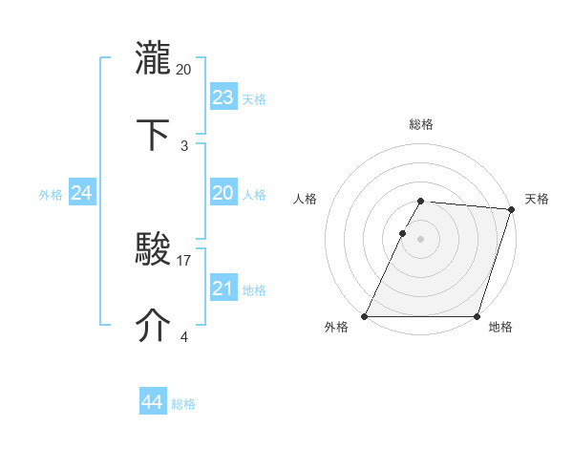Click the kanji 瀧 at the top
coord(153,56)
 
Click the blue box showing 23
coord(223,96)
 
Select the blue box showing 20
coord(223,193)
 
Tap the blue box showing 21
coord(223,289)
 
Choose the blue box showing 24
coord(82,193)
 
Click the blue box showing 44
coord(152,402)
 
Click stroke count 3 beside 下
coord(184,145)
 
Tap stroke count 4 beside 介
coord(184,336)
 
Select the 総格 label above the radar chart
coord(421,124)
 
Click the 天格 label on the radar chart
coord(537,199)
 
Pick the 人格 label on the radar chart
coord(306,199)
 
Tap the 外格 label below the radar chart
coord(336,328)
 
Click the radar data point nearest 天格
coord(512,210)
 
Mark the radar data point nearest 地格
coord(477,316)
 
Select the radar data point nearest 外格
coord(365,316)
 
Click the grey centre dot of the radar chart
coord(421,239)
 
